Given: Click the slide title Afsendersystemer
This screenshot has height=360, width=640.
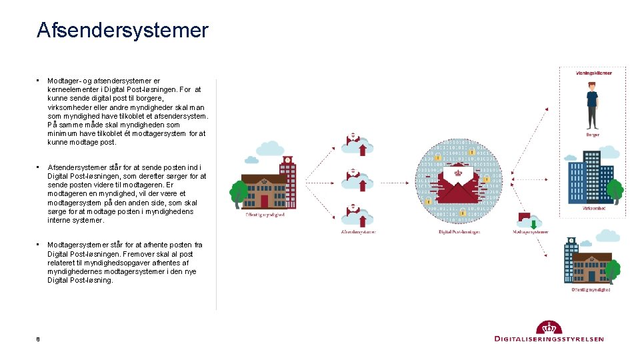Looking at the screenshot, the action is [123, 31].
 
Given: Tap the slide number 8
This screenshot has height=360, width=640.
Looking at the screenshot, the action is [38, 339].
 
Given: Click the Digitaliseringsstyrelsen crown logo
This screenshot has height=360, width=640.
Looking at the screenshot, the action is [549, 327].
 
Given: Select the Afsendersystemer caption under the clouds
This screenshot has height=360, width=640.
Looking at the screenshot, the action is [358, 232].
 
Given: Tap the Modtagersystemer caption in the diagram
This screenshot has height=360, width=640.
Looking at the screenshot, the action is [531, 232].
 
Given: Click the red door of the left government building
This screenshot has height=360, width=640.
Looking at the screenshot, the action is [265, 201].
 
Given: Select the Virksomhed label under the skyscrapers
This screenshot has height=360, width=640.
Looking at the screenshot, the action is [593, 208].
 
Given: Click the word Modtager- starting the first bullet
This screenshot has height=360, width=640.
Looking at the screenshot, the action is [63, 81].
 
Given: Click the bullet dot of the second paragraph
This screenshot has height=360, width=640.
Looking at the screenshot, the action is [39, 167].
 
